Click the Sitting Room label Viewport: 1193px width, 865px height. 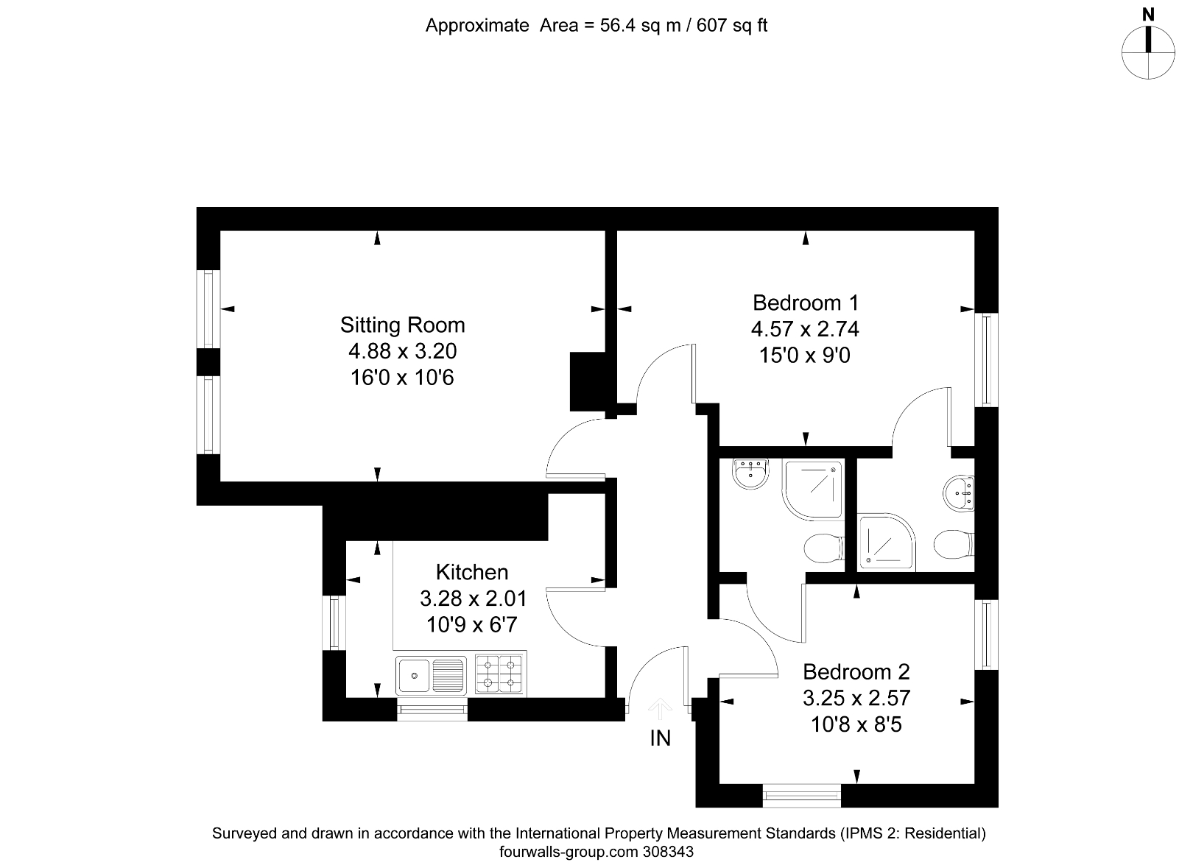[402, 325]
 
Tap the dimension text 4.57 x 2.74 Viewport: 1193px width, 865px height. [805, 329]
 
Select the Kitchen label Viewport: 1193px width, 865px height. [472, 572]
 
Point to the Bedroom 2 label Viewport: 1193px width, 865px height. [856, 671]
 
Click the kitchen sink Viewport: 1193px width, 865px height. [431, 674]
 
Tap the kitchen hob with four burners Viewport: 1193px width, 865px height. [499, 674]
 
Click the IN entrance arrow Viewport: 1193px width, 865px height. [660, 709]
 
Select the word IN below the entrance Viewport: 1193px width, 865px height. [660, 738]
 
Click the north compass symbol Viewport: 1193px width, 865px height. [1147, 52]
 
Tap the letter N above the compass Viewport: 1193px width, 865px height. [1147, 14]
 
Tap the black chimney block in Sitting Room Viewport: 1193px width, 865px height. [588, 381]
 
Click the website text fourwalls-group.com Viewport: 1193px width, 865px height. [565, 852]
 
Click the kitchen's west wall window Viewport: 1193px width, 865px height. [335, 622]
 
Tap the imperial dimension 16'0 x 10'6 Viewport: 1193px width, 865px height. [402, 378]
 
